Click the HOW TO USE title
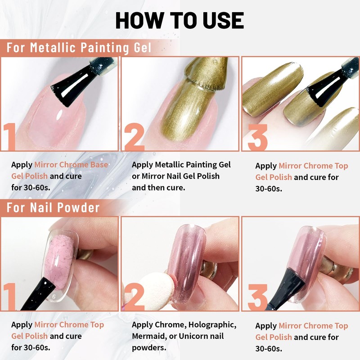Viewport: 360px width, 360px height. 180,20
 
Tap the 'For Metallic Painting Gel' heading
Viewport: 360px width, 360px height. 79,47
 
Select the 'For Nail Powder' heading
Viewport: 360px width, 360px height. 53,207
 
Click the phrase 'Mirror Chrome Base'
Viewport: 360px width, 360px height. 71,165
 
